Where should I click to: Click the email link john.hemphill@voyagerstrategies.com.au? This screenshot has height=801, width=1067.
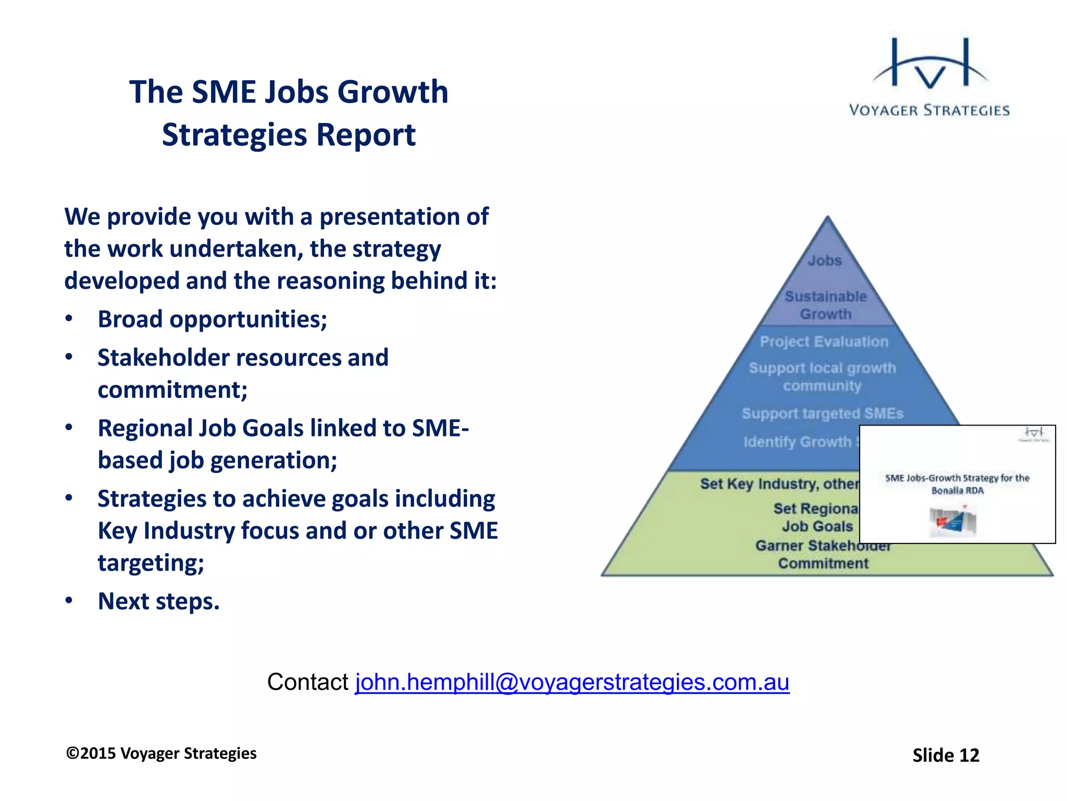(572, 682)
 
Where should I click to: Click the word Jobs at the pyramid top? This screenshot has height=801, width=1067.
(825, 260)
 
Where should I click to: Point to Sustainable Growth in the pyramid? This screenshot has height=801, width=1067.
(826, 305)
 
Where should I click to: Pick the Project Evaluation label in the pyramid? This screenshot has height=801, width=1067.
(824, 342)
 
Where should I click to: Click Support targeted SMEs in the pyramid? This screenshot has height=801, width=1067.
(822, 414)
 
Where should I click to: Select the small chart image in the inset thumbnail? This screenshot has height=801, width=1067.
(952, 521)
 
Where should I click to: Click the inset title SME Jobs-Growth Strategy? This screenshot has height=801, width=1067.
(957, 483)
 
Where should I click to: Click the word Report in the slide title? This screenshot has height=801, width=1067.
(366, 135)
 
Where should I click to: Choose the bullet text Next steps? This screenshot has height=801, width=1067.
(158, 601)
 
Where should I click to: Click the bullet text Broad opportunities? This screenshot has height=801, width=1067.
(212, 319)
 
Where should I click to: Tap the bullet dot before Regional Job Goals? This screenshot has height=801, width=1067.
(69, 428)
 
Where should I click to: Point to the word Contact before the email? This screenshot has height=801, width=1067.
(307, 682)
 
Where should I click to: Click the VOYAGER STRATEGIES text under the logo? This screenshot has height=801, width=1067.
(929, 111)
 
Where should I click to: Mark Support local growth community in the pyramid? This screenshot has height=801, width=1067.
(822, 377)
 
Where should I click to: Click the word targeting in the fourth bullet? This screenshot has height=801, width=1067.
(151, 563)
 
